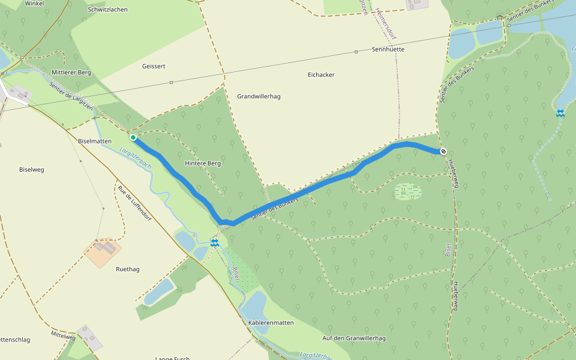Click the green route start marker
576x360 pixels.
pyautogui.click(x=133, y=137)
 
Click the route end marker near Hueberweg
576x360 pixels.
pyautogui.click(x=443, y=151)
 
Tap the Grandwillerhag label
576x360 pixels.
pyautogui.click(x=259, y=97)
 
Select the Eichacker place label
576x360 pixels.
pyautogui.click(x=321, y=75)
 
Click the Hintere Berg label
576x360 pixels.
pyautogui.click(x=203, y=163)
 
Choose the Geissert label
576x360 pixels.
pyautogui.click(x=154, y=66)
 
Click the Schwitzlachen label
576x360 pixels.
pyautogui.click(x=108, y=10)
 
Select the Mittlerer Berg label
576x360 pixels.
pyautogui.click(x=71, y=73)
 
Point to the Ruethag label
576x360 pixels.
pyautogui.click(x=128, y=269)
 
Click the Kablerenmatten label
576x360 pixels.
pyautogui.click(x=271, y=323)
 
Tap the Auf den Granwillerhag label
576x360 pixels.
pyautogui.click(x=354, y=338)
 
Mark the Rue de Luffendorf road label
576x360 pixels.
pyautogui.click(x=134, y=204)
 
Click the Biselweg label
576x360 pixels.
pyautogui.click(x=32, y=170)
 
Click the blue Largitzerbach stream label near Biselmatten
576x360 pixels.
pyautogui.click(x=134, y=158)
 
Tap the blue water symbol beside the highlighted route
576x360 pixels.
pyautogui.click(x=214, y=242)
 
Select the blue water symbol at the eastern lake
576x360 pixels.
pyautogui.click(x=560, y=113)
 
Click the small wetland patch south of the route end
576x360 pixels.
pyautogui.click(x=408, y=192)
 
